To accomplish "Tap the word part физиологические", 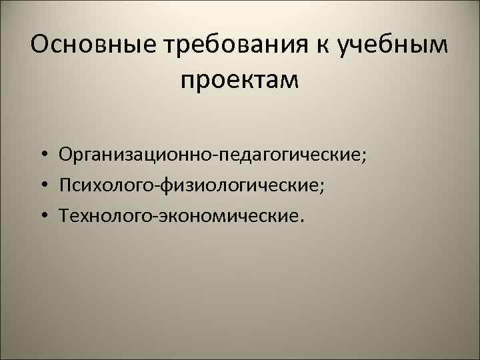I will (239, 185).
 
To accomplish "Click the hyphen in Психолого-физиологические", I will (156, 187).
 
